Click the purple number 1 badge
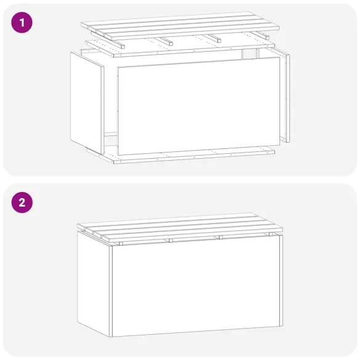point(22,23)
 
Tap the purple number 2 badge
point(22,203)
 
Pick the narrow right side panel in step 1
point(286,98)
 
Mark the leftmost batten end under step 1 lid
point(123,46)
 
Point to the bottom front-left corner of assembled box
point(110,336)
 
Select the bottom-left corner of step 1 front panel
point(118,154)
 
